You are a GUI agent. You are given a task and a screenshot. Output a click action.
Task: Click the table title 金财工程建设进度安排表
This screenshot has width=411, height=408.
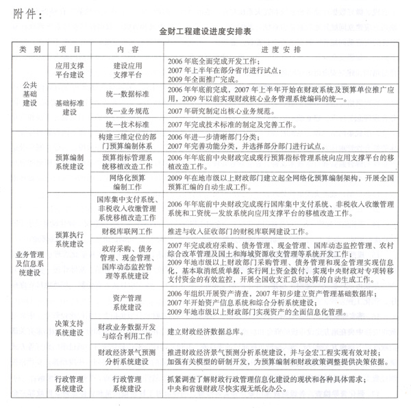(205, 32)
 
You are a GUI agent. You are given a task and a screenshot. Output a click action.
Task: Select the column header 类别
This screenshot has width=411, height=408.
(30, 49)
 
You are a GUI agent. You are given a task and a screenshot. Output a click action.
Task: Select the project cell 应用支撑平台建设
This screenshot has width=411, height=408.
(68, 70)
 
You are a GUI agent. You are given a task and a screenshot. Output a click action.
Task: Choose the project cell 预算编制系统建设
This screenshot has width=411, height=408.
(68, 162)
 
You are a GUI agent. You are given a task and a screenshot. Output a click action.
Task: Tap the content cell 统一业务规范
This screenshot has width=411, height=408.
(127, 110)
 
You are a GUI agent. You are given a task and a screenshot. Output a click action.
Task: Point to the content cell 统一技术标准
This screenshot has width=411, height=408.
(127, 125)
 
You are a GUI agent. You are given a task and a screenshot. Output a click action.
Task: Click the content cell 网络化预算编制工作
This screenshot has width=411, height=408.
(127, 182)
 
